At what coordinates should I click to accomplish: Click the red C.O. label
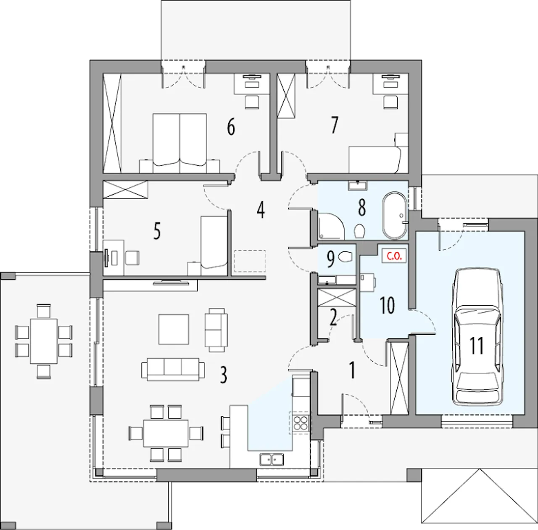[x=394, y=256]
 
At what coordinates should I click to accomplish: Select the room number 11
[x=477, y=346]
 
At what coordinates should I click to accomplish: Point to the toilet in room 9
[x=345, y=256]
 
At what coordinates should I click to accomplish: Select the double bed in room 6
[x=180, y=143]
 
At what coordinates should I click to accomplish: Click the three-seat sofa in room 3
[x=173, y=370]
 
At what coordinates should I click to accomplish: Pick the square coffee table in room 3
[x=174, y=330]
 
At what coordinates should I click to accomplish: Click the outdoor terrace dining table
[x=44, y=341]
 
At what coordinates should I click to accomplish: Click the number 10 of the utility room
[x=387, y=306]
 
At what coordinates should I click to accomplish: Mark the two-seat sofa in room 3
[x=216, y=330]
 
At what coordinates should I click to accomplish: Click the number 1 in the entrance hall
[x=352, y=370]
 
